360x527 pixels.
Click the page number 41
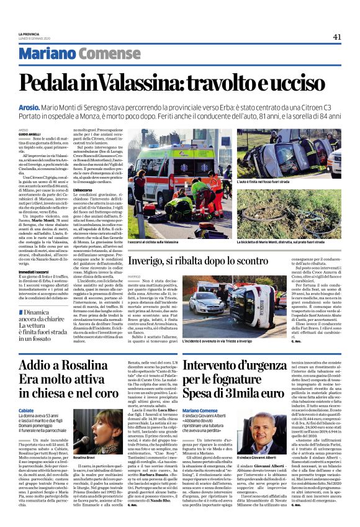click(x=336, y=36)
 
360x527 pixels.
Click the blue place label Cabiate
click(x=26, y=412)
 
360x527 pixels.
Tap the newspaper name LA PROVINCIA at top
click(x=29, y=34)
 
